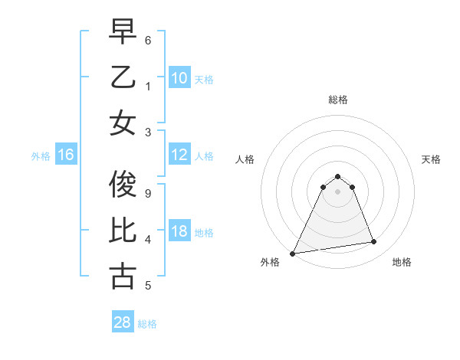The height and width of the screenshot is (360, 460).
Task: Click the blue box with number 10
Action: pos(179,77)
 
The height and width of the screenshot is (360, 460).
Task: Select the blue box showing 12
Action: pos(179,155)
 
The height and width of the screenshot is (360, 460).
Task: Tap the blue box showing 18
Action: pos(179,232)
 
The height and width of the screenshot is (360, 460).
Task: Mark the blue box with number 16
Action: pos(66,155)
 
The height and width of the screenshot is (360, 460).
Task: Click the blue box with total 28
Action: pos(123,322)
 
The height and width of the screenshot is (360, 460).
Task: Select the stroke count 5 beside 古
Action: pos(147,286)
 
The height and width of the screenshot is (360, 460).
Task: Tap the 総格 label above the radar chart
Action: pos(337,100)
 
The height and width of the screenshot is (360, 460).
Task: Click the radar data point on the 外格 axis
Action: pos(293,253)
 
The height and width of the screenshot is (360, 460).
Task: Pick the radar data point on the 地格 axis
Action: pos(374,242)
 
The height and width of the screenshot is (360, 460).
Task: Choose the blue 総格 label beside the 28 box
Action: pos(147,324)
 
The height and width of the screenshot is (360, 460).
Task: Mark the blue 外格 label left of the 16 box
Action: pos(41,156)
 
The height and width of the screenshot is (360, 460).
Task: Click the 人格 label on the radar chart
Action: pos(245,160)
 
